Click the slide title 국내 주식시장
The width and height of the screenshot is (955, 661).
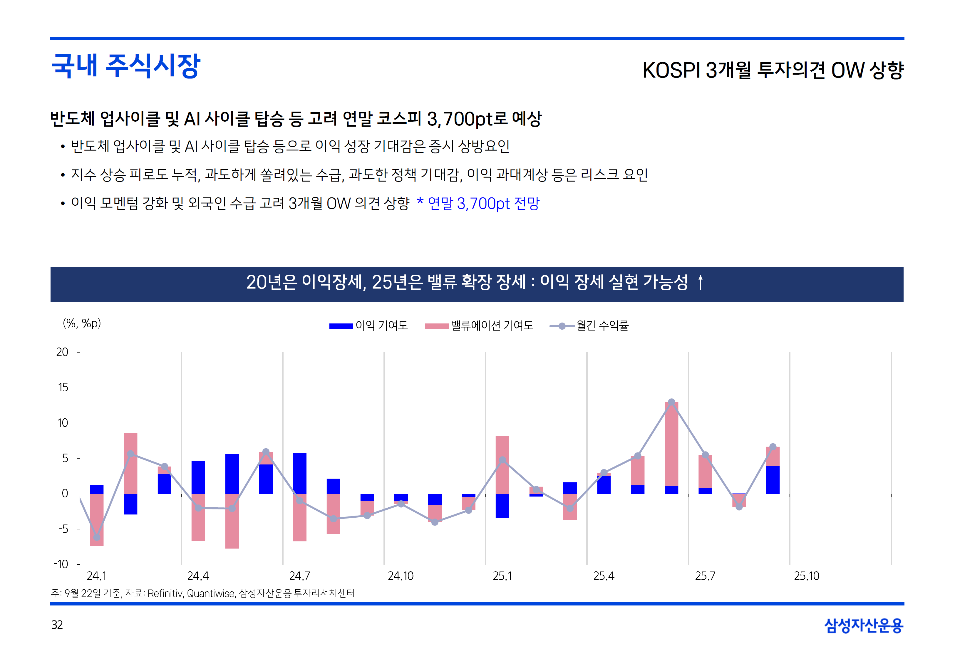click(x=125, y=66)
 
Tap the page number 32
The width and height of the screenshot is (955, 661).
click(x=57, y=625)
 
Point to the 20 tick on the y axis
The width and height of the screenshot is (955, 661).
click(x=62, y=353)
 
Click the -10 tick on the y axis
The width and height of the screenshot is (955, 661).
click(x=61, y=564)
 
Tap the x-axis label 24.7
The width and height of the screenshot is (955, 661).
click(x=299, y=576)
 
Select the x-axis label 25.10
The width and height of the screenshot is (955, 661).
click(x=806, y=576)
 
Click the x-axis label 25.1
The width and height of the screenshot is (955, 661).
click(x=502, y=576)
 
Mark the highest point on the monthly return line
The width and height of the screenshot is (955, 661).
click(x=671, y=402)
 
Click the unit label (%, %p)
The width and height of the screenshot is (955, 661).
click(x=82, y=323)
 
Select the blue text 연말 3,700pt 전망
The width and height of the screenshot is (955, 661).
click(x=483, y=203)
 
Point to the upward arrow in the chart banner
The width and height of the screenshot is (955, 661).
click(x=700, y=283)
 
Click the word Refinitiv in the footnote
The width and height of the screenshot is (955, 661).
click(x=165, y=593)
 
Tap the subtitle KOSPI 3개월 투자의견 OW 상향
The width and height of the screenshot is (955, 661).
click(x=773, y=70)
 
